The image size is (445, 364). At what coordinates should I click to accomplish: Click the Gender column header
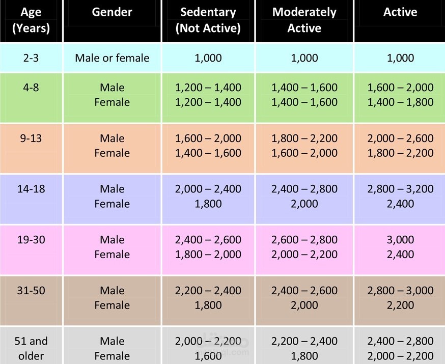[112, 12]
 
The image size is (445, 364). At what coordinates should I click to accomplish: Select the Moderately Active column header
[304, 20]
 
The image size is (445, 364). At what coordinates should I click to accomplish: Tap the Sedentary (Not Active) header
[208, 20]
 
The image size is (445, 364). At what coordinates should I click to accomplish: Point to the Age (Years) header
[31, 20]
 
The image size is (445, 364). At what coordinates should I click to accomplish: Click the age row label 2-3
[31, 58]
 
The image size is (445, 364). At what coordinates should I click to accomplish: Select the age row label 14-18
[31, 189]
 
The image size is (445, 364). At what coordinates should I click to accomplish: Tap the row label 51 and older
[31, 348]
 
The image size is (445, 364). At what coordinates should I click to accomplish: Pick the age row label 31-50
[31, 290]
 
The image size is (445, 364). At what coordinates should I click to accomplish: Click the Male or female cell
[112, 58]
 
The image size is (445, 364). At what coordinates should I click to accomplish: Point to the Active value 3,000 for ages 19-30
[400, 239]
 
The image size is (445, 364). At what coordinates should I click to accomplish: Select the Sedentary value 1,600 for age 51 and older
[208, 356]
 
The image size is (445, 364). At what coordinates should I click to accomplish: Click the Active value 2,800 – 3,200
[400, 189]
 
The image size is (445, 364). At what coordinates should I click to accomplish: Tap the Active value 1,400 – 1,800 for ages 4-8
[400, 102]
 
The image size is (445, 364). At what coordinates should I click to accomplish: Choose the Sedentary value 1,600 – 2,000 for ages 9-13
[208, 138]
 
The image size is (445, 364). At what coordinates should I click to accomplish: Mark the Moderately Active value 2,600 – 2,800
[304, 239]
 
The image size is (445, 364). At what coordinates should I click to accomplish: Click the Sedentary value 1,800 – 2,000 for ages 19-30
[208, 254]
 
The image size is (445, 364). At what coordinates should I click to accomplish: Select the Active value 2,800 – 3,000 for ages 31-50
[400, 290]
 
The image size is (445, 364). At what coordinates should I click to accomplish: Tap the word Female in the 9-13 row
[112, 153]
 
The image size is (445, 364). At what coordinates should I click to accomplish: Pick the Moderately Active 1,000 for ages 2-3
[304, 58]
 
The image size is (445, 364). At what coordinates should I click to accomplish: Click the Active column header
[400, 12]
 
